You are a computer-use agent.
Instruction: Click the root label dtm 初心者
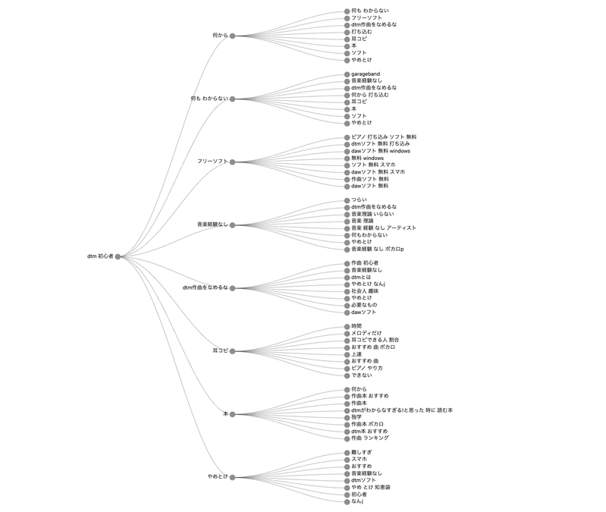pyautogui.click(x=100, y=256)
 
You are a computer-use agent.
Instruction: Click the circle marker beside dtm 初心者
pyautogui.click(x=118, y=256)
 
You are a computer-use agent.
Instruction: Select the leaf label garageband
pyautogui.click(x=366, y=74)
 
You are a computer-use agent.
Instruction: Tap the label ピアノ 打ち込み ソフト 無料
pyautogui.click(x=384, y=137)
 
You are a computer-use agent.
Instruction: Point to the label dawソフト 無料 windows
pyautogui.click(x=381, y=151)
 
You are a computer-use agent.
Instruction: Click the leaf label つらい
pyautogui.click(x=359, y=199)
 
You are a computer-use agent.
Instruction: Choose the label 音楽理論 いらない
pyautogui.click(x=372, y=214)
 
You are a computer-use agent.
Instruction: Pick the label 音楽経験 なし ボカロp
pyautogui.click(x=378, y=249)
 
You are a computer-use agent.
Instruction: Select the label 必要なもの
pyautogui.click(x=364, y=305)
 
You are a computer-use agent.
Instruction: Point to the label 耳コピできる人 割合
pyautogui.click(x=375, y=340)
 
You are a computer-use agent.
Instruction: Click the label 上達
pyautogui.click(x=356, y=354)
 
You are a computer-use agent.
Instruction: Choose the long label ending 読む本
pyautogui.click(x=402, y=410)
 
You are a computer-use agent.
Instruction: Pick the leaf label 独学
pyautogui.click(x=356, y=417)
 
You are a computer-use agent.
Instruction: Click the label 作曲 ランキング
pyautogui.click(x=370, y=438)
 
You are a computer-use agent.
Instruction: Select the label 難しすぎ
pyautogui.click(x=362, y=452)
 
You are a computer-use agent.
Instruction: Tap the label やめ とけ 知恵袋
pyautogui.click(x=371, y=487)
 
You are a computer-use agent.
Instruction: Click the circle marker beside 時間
pyautogui.click(x=347, y=326)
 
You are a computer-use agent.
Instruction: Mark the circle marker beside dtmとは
pyautogui.click(x=347, y=278)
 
